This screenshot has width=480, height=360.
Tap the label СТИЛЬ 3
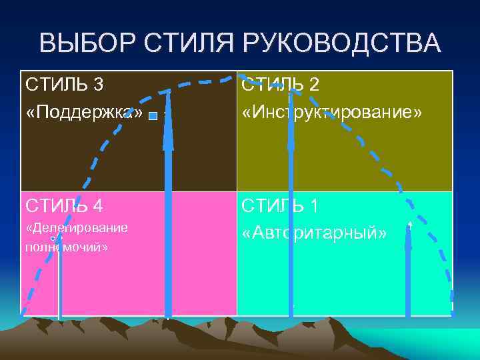pos(64,85)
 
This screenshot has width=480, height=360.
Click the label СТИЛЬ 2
pos(281,85)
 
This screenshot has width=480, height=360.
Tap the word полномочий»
pos(66,247)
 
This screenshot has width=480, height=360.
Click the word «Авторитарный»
pos(314,233)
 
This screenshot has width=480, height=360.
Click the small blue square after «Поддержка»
pos(153,116)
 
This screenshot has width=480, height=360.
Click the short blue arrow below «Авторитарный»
pos(408,273)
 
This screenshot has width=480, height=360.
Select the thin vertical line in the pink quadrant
pos(60,280)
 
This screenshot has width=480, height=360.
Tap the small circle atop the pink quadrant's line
pos(53,238)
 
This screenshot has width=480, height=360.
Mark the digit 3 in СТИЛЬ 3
pos(99,85)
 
